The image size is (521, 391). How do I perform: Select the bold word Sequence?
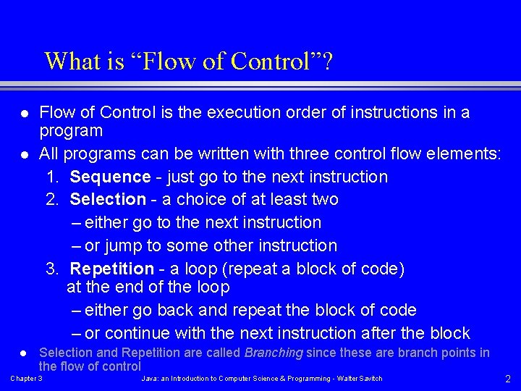[x=110, y=177]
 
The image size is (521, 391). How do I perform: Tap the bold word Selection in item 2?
[x=108, y=199]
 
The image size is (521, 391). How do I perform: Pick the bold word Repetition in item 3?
[x=111, y=269]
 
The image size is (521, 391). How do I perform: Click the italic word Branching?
[x=274, y=353]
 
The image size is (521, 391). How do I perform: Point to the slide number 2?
[x=507, y=379]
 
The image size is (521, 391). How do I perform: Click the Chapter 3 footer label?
[x=26, y=379]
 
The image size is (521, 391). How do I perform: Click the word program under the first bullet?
[x=71, y=131]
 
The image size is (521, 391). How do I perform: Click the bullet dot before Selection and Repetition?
[x=23, y=353]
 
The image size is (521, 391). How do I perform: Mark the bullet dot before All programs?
[x=23, y=154]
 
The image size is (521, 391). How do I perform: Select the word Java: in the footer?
[x=150, y=379]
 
